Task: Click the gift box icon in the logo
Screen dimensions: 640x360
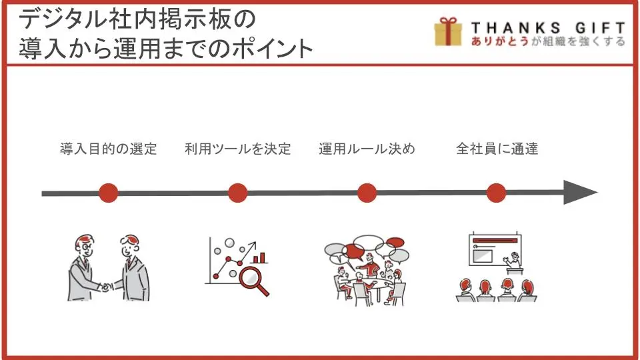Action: click(448, 31)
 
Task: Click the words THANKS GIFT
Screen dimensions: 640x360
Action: click(548, 28)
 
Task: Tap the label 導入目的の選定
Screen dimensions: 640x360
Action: click(109, 149)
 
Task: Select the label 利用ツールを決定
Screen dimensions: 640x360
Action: click(237, 149)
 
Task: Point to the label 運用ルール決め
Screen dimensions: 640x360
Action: click(367, 149)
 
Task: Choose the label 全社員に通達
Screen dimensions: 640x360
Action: click(497, 149)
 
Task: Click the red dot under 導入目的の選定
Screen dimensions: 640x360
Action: click(108, 193)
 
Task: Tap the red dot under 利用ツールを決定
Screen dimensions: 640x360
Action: click(237, 193)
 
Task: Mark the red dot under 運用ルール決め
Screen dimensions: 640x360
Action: click(367, 193)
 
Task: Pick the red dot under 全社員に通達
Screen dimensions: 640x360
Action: click(496, 193)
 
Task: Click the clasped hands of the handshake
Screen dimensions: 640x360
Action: click(107, 287)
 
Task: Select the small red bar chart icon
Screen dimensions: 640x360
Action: click(259, 257)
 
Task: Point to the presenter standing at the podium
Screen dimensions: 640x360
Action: click(513, 263)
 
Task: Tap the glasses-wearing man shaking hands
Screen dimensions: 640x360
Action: click(86, 268)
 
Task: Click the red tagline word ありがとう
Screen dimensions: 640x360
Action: click(499, 41)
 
